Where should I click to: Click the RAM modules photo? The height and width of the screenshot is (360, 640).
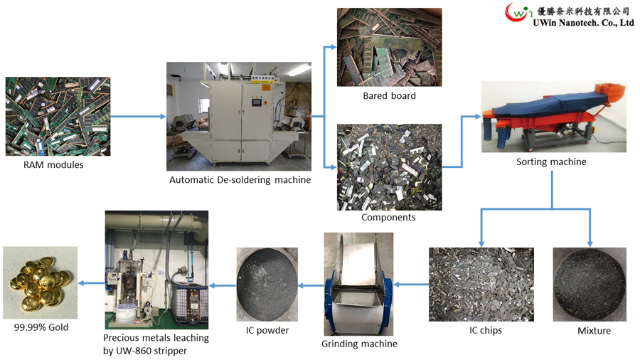tap(58, 116)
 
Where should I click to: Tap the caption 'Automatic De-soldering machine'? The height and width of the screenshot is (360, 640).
tap(240, 180)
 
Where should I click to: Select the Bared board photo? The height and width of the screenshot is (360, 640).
tap(389, 47)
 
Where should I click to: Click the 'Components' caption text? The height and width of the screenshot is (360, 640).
tap(388, 217)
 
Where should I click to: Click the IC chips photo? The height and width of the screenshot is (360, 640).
tap(481, 284)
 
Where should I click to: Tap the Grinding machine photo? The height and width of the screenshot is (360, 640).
tap(359, 284)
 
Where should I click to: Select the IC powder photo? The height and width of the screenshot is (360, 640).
tap(267, 284)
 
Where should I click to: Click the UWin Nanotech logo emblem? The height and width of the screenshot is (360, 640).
tap(518, 14)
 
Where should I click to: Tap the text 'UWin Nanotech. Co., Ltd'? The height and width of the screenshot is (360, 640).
tap(584, 23)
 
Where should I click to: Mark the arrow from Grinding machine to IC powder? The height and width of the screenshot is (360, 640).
tap(311, 285)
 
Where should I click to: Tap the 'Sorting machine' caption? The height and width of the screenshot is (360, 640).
tap(551, 162)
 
